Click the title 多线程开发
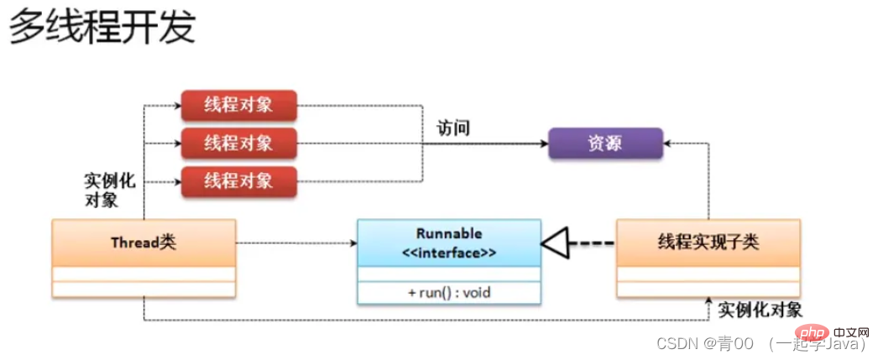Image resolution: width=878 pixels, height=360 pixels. (x=102, y=28)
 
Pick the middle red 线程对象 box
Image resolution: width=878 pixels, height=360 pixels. (x=238, y=143)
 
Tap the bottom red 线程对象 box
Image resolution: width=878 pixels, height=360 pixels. (x=238, y=180)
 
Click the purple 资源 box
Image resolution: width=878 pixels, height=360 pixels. (x=605, y=143)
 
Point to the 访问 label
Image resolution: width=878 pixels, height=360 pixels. (x=452, y=128)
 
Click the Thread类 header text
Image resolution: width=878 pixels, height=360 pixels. (x=143, y=243)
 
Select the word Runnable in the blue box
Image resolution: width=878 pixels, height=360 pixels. (x=449, y=233)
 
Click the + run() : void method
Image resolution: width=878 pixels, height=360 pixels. (x=449, y=292)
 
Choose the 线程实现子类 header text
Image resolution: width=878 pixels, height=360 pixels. (x=708, y=243)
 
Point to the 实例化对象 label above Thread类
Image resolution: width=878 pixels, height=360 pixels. (x=109, y=190)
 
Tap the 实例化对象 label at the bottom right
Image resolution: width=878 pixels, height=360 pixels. (x=760, y=309)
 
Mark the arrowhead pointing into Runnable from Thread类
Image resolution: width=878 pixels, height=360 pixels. (x=353, y=243)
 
